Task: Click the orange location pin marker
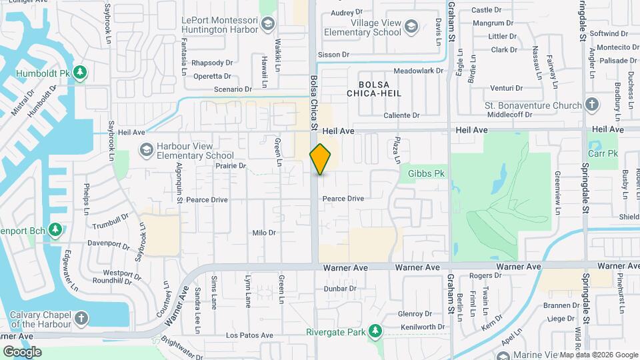pos(320,159)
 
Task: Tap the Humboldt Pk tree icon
pos(80,71)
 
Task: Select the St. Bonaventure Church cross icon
pos(591,105)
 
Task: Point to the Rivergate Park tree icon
pos(375,331)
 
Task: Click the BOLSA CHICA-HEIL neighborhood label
pos(379,89)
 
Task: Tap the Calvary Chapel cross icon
pos(80,319)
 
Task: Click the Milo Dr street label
pos(265,233)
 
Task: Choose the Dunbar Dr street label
pos(341,289)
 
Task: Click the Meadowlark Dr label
pos(419,70)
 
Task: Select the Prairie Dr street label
pos(231,165)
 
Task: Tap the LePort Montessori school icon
pos(267,25)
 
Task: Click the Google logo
pos(22,351)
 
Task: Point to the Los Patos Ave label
pos(249,335)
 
